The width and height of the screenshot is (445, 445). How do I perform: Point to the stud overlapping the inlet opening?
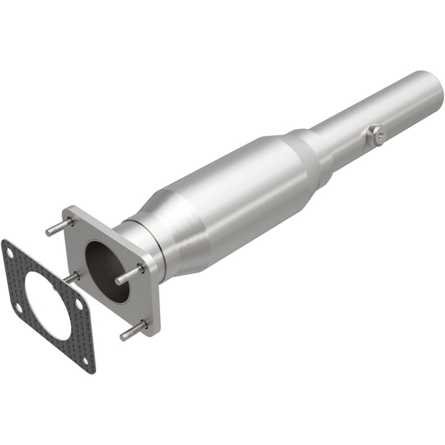pos(128,275)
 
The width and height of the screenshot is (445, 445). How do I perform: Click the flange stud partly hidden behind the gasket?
pos(71,278)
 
